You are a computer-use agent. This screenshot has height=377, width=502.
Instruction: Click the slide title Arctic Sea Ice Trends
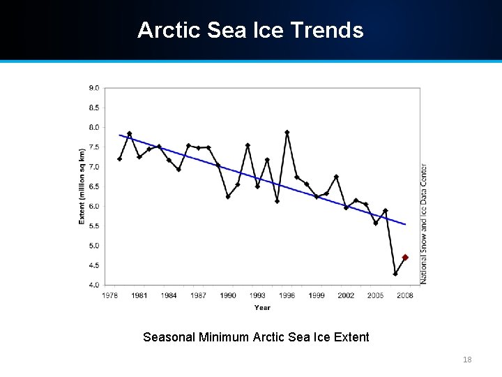pyautogui.click(x=250, y=31)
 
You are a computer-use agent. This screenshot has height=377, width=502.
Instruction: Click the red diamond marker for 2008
pyautogui.click(x=405, y=258)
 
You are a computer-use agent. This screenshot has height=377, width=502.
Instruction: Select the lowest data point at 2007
pyautogui.click(x=395, y=274)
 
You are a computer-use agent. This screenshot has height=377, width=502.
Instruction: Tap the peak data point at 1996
pyautogui.click(x=287, y=132)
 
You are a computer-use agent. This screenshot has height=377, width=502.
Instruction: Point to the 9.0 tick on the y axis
pyautogui.click(x=93, y=88)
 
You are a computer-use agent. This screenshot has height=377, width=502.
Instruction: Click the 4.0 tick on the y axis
pyautogui.click(x=93, y=285)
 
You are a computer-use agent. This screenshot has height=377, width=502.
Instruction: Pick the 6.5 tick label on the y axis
pyautogui.click(x=93, y=186)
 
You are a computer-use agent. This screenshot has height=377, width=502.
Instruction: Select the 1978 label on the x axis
pyautogui.click(x=109, y=295)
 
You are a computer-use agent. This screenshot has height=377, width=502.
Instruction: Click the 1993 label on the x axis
pyautogui.click(x=257, y=295)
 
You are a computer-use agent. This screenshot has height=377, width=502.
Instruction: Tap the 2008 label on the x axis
pyautogui.click(x=405, y=295)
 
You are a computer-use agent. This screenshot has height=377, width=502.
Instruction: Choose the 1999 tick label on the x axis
pyautogui.click(x=317, y=295)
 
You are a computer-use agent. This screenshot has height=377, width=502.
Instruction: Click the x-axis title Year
pyautogui.click(x=262, y=307)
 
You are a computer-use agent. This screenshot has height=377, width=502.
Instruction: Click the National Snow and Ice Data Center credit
pyautogui.click(x=424, y=223)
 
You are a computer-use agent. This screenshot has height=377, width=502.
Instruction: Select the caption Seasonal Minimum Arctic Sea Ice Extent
pyautogui.click(x=256, y=337)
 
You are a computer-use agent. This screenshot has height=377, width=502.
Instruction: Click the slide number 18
pyautogui.click(x=467, y=360)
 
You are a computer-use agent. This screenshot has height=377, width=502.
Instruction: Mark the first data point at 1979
pyautogui.click(x=119, y=159)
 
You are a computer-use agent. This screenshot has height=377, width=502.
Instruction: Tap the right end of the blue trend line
pyautogui.click(x=405, y=224)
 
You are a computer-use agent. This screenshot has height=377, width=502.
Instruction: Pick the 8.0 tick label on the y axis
pyautogui.click(x=93, y=128)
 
